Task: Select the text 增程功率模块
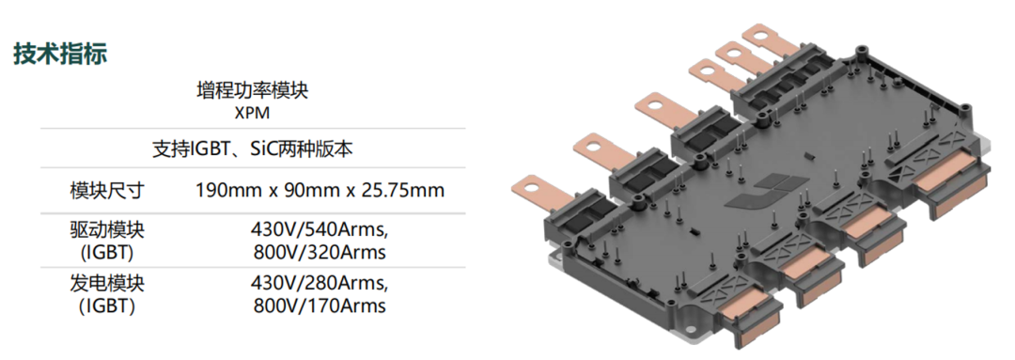tap(253, 90)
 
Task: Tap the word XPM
tap(253, 113)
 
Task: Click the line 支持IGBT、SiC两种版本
tap(253, 149)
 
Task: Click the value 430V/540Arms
tap(320, 230)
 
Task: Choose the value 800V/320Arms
tap(319, 252)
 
